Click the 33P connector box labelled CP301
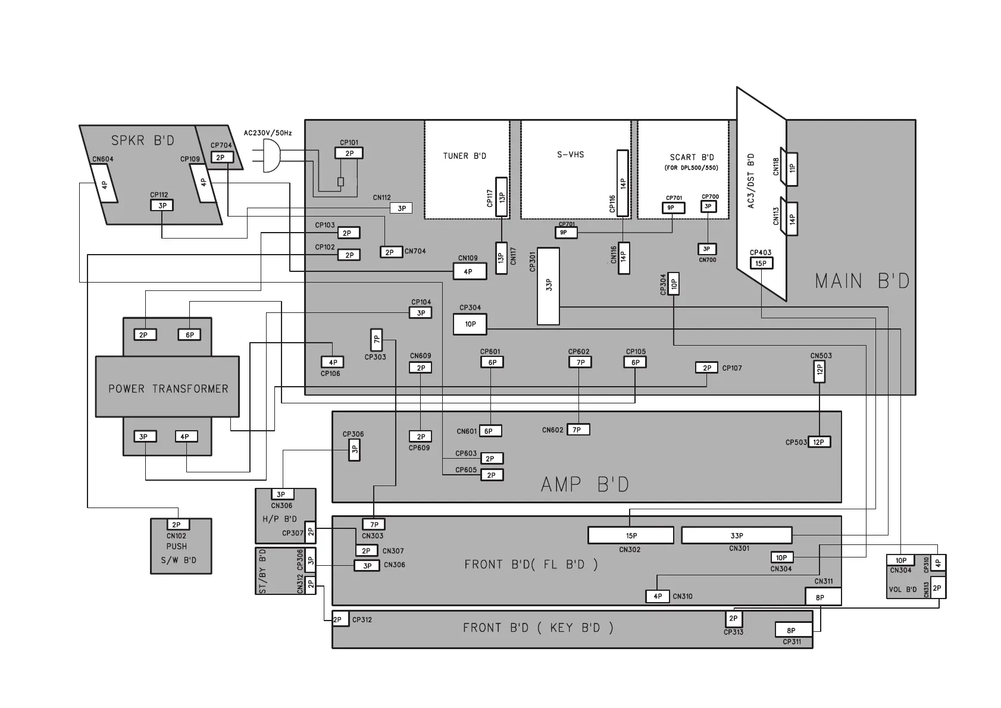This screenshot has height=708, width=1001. pyautogui.click(x=548, y=286)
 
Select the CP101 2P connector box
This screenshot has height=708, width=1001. pyautogui.click(x=349, y=153)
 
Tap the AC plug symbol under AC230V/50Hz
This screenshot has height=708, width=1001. pyautogui.click(x=271, y=156)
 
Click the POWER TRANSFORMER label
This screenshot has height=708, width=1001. pyautogui.click(x=168, y=389)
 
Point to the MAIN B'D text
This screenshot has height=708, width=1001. pyautogui.click(x=862, y=281)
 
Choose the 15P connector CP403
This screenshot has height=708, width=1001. pyautogui.click(x=761, y=263)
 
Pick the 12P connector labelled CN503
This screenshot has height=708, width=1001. pyautogui.click(x=819, y=372)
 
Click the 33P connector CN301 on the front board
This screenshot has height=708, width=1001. pyautogui.click(x=736, y=535)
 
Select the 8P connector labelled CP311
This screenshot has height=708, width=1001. pyautogui.click(x=791, y=631)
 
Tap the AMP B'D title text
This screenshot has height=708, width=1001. pyautogui.click(x=584, y=484)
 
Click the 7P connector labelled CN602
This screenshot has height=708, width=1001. pyautogui.click(x=577, y=430)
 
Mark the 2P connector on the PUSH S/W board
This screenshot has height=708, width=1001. pyautogui.click(x=176, y=525)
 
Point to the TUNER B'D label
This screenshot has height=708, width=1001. pyautogui.click(x=464, y=156)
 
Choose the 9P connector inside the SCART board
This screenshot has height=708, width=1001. pyautogui.click(x=673, y=208)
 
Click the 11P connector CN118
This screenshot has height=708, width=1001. pyautogui.click(x=792, y=169)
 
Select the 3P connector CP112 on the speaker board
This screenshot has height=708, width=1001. pyautogui.click(x=162, y=205)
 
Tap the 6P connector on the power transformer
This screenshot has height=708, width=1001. pyautogui.click(x=189, y=335)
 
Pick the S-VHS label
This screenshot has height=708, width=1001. pyautogui.click(x=570, y=155)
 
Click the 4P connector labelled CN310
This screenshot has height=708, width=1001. pyautogui.click(x=658, y=596)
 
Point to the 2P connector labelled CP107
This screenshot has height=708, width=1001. pyautogui.click(x=706, y=368)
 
